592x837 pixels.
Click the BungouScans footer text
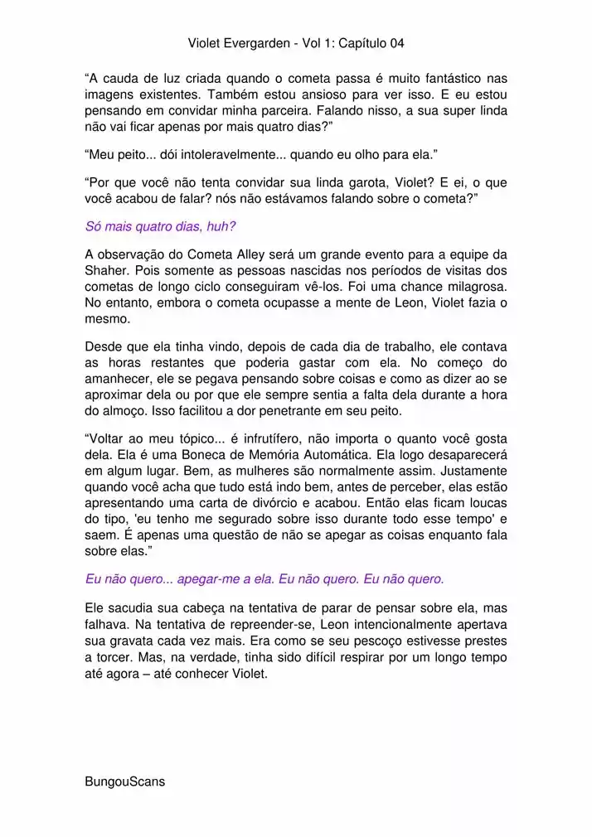tap(124, 781)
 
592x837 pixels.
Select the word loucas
tap(487, 501)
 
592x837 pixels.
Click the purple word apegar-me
tap(220, 578)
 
